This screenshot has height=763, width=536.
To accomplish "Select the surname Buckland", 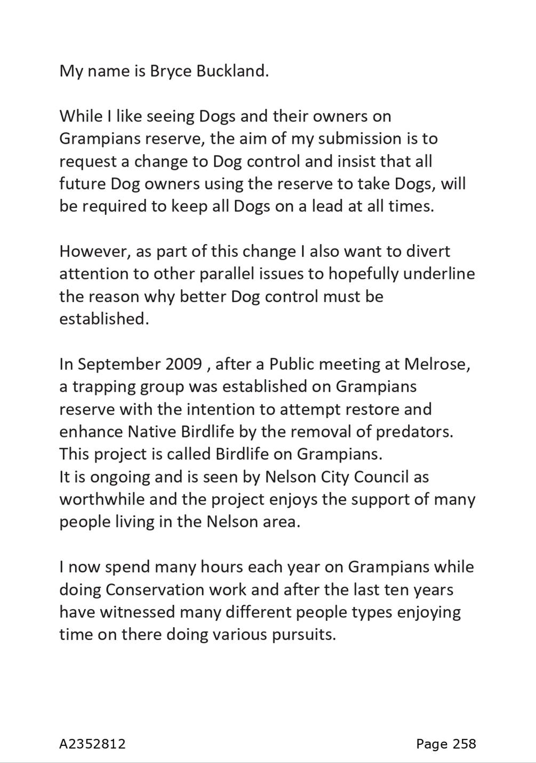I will [232, 71].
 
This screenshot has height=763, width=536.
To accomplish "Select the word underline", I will [439, 273].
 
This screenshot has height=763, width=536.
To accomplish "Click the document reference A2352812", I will [92, 744].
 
